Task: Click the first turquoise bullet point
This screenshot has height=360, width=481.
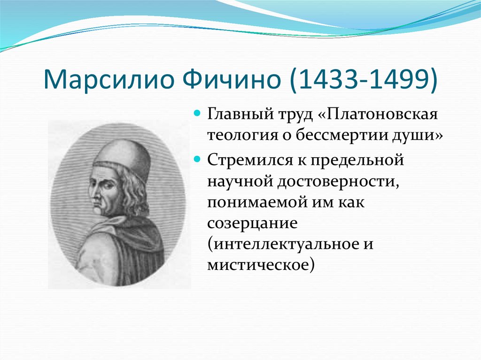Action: (197, 113)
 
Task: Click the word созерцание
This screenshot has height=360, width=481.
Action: (252, 223)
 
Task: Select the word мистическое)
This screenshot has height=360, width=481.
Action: (261, 265)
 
